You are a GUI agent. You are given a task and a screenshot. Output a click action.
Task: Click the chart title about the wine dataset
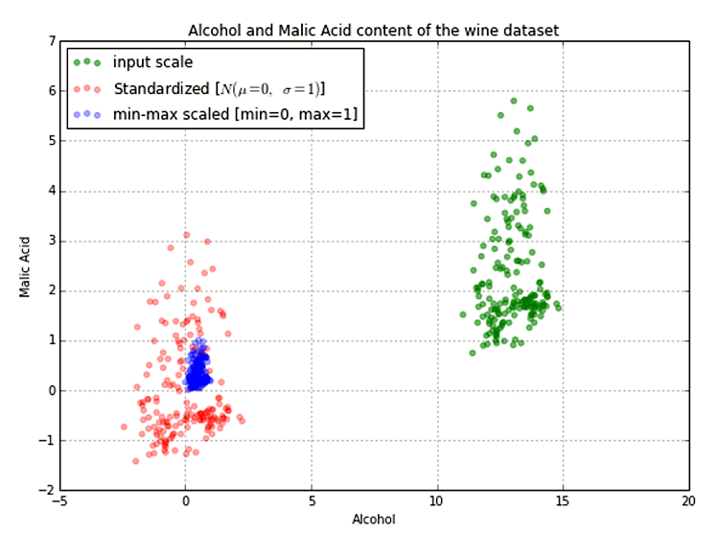pos(373,31)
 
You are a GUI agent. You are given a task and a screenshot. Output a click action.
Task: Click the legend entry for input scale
pos(152,63)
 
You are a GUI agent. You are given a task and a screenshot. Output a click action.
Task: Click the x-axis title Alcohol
pos(373,520)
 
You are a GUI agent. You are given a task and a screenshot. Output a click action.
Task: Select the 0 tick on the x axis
pos(186,501)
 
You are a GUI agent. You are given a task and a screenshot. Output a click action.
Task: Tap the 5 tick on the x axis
pos(312,501)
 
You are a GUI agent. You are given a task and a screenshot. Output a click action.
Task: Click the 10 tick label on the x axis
pos(437,501)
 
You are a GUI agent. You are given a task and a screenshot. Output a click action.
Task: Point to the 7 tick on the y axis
pos(49,41)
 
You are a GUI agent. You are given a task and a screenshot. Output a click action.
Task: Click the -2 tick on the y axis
pos(45,490)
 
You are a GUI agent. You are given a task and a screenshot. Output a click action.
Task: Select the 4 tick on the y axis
pos(49,191)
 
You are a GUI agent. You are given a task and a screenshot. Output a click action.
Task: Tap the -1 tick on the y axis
pos(45,440)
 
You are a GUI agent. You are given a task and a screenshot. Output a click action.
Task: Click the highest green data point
pos(514,101)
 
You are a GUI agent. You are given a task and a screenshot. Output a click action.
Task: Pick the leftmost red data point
pos(124,426)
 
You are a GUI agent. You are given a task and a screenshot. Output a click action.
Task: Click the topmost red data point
pos(186,235)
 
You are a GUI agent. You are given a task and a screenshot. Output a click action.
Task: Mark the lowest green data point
pos(473,353)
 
